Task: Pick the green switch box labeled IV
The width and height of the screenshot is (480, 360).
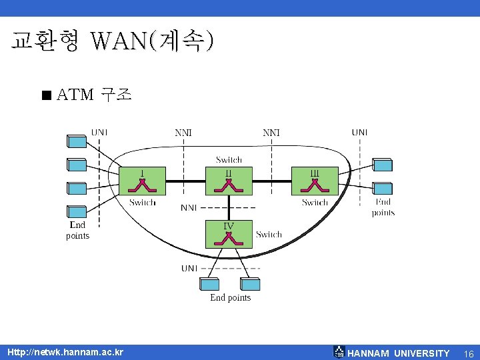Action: tap(229, 233)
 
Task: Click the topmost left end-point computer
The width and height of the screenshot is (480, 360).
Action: tap(77, 141)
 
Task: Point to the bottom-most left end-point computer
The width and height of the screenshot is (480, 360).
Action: tap(77, 211)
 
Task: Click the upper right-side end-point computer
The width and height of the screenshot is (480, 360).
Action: tap(382, 165)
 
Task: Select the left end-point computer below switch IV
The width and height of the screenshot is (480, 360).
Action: tap(209, 284)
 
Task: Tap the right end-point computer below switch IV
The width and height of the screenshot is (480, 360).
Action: tap(250, 284)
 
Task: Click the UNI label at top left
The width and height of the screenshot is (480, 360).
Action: tap(99, 132)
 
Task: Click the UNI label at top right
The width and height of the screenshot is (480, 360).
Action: tap(359, 132)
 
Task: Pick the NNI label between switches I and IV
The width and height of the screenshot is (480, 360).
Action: tap(189, 207)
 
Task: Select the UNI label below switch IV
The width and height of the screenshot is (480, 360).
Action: tap(189, 268)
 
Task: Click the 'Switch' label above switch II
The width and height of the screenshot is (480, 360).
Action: tap(229, 159)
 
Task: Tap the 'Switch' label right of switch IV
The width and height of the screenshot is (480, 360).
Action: tap(269, 234)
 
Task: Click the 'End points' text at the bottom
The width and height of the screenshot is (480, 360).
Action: tap(230, 297)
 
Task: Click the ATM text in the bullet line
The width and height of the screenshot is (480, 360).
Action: tap(75, 95)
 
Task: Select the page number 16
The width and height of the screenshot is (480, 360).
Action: tap(469, 353)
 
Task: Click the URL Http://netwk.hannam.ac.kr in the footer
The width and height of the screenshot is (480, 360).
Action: tap(65, 351)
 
